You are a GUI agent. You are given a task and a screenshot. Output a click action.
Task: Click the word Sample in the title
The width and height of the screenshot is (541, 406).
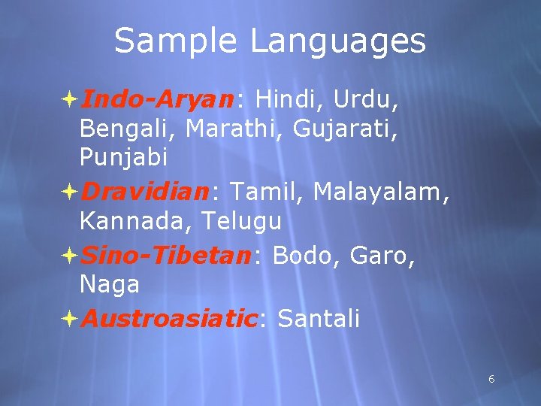tap(177, 42)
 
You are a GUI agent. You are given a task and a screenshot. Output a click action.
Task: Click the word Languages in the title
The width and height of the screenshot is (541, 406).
tap(338, 42)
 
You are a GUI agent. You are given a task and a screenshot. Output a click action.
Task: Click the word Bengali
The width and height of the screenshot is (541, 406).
tap(128, 129)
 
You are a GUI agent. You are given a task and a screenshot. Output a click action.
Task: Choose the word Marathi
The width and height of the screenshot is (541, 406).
tap(234, 129)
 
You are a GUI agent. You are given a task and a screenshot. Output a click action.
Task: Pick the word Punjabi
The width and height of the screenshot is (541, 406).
tap(124, 159)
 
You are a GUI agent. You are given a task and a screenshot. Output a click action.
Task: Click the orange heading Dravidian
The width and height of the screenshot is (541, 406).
tap(144, 192)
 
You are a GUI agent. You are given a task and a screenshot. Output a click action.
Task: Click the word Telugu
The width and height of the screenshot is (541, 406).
tap(247, 222)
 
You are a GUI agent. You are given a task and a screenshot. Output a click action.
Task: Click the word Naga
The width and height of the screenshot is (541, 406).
tap(110, 285)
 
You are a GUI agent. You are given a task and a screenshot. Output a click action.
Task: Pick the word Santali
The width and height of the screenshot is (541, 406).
tap(319, 319)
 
